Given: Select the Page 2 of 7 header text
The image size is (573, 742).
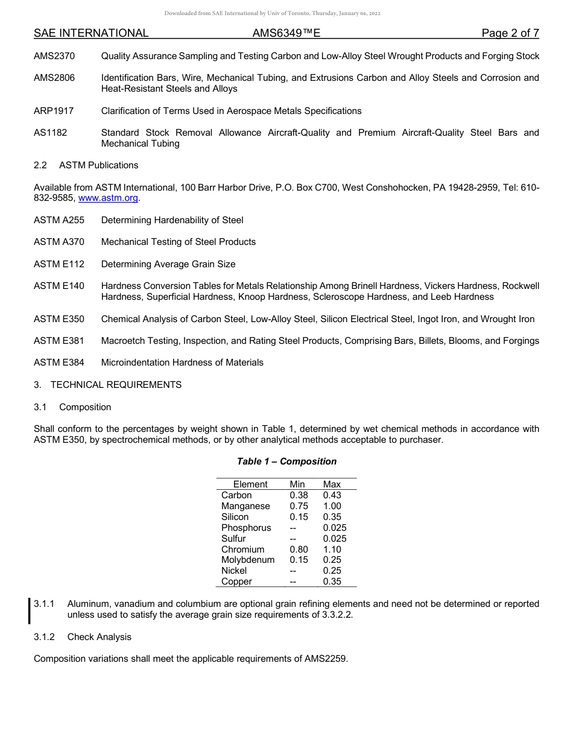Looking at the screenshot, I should (510, 33).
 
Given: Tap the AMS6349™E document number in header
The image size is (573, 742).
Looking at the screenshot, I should (286, 33).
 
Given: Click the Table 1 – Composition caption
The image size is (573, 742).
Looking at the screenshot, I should (286, 461).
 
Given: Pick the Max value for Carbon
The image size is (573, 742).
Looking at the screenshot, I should (332, 495).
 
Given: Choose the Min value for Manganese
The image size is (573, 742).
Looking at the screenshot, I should (299, 506).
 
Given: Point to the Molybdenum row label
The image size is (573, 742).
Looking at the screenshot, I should (248, 560).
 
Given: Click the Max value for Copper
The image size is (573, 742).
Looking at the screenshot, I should (332, 582).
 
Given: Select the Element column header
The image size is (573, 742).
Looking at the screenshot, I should (250, 484).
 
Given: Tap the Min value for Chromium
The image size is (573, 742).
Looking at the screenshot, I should (299, 550).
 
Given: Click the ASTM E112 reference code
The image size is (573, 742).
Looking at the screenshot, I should (59, 264).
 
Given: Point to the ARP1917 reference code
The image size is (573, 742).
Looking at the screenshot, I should (54, 111).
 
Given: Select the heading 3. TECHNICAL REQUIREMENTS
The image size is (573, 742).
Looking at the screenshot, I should (107, 385).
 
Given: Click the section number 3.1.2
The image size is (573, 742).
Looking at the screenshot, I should (44, 637).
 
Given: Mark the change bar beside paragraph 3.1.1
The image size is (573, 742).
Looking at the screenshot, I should (30, 609).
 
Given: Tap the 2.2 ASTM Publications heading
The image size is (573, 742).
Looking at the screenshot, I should (86, 165).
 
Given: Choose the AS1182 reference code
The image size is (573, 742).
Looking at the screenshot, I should (50, 133).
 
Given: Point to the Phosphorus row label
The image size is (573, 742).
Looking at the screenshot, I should (246, 528).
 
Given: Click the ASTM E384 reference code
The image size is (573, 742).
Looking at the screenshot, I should (59, 363).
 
